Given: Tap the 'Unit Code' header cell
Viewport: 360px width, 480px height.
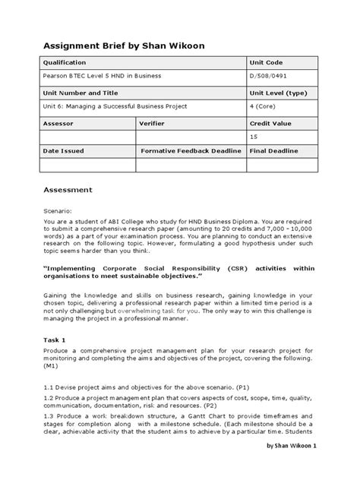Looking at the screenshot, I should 267,62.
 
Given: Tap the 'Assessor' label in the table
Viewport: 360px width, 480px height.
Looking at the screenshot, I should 58,122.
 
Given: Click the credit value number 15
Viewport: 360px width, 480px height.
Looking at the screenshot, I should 254,137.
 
